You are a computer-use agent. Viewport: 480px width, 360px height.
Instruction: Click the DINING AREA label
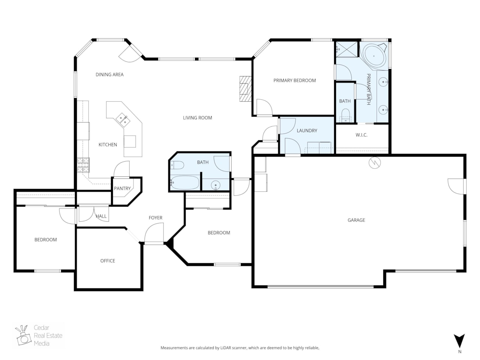[x=109, y=75]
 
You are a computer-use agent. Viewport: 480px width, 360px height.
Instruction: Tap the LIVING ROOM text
[x=197, y=118]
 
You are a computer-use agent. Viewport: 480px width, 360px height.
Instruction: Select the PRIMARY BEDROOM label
[x=294, y=80]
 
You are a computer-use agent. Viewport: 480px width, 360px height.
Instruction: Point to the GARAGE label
[x=356, y=220]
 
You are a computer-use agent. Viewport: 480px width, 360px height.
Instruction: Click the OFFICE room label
[x=108, y=261]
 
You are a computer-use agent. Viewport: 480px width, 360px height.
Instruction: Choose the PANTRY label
[x=122, y=188]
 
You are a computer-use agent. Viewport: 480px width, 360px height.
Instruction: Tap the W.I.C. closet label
[x=361, y=135]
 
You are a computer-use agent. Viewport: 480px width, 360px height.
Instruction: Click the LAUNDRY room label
[x=307, y=130]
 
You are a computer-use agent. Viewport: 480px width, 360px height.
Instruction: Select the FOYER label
[x=155, y=217]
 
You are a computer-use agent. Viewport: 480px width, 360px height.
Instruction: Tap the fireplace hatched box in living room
[x=245, y=88]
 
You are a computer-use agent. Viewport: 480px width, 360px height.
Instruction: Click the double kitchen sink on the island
[x=123, y=120]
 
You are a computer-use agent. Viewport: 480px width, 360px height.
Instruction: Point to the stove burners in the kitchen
[x=84, y=165]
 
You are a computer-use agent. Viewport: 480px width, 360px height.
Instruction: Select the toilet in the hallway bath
[x=177, y=165]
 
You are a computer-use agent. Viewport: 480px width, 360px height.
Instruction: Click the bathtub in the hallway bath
[x=184, y=183]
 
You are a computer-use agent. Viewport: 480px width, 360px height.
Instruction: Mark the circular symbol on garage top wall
[x=375, y=162]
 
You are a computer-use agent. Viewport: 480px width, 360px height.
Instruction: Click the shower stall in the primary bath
[x=346, y=49]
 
